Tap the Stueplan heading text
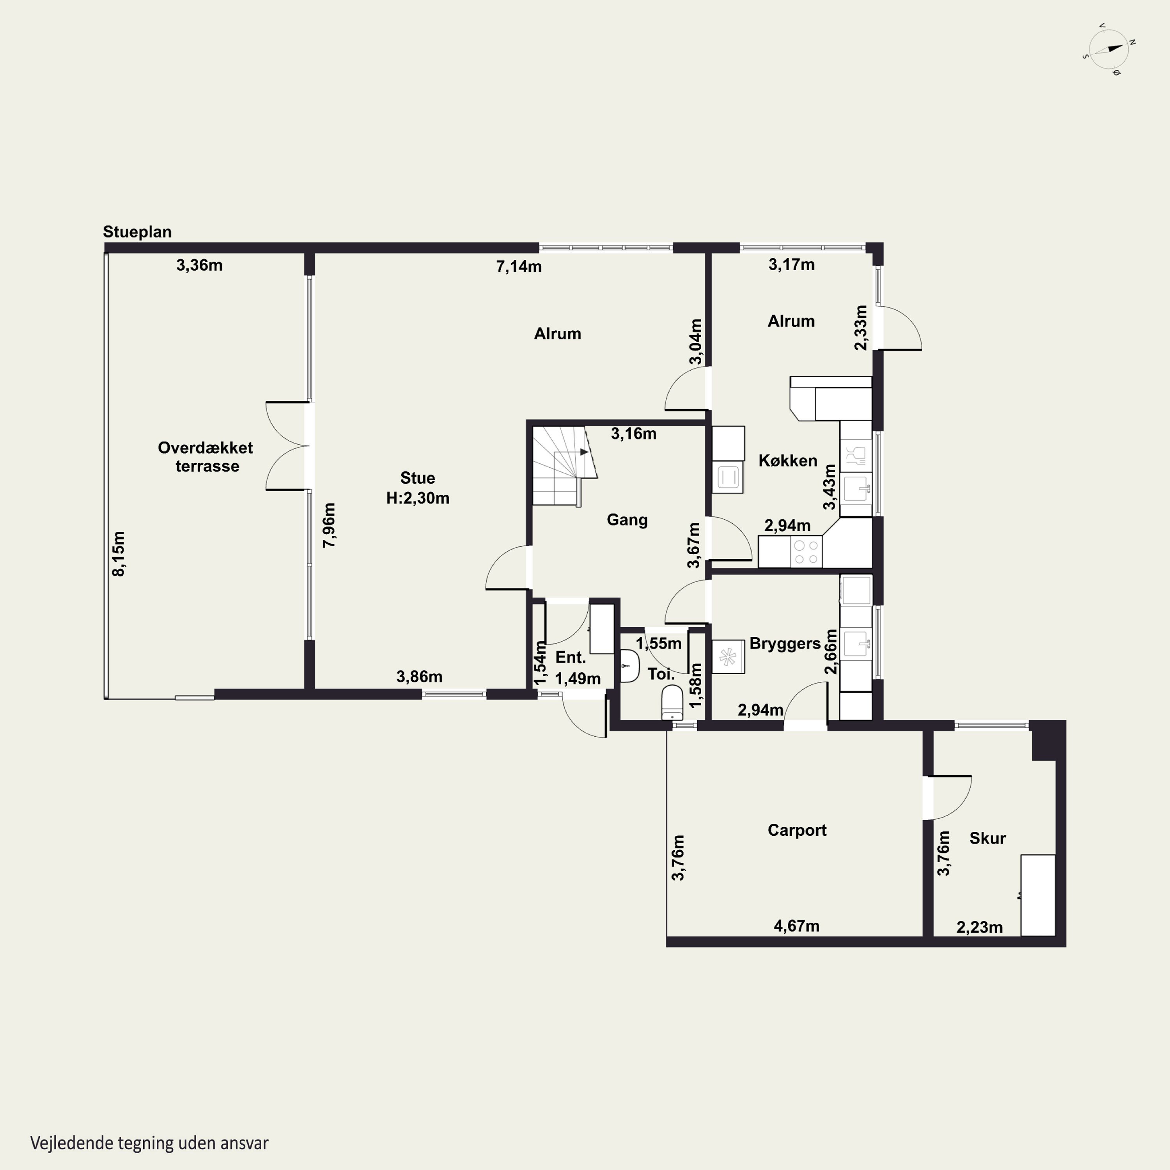click(137, 232)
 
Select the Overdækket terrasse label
click(206, 457)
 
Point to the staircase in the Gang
click(564, 465)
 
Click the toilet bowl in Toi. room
click(672, 702)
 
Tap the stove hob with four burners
click(806, 552)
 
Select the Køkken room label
click(788, 461)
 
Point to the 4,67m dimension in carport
click(796, 926)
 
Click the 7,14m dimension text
click(519, 266)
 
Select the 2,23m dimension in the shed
click(979, 927)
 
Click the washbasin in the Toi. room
click(630, 666)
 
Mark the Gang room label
click(628, 519)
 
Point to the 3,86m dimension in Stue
click(420, 676)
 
